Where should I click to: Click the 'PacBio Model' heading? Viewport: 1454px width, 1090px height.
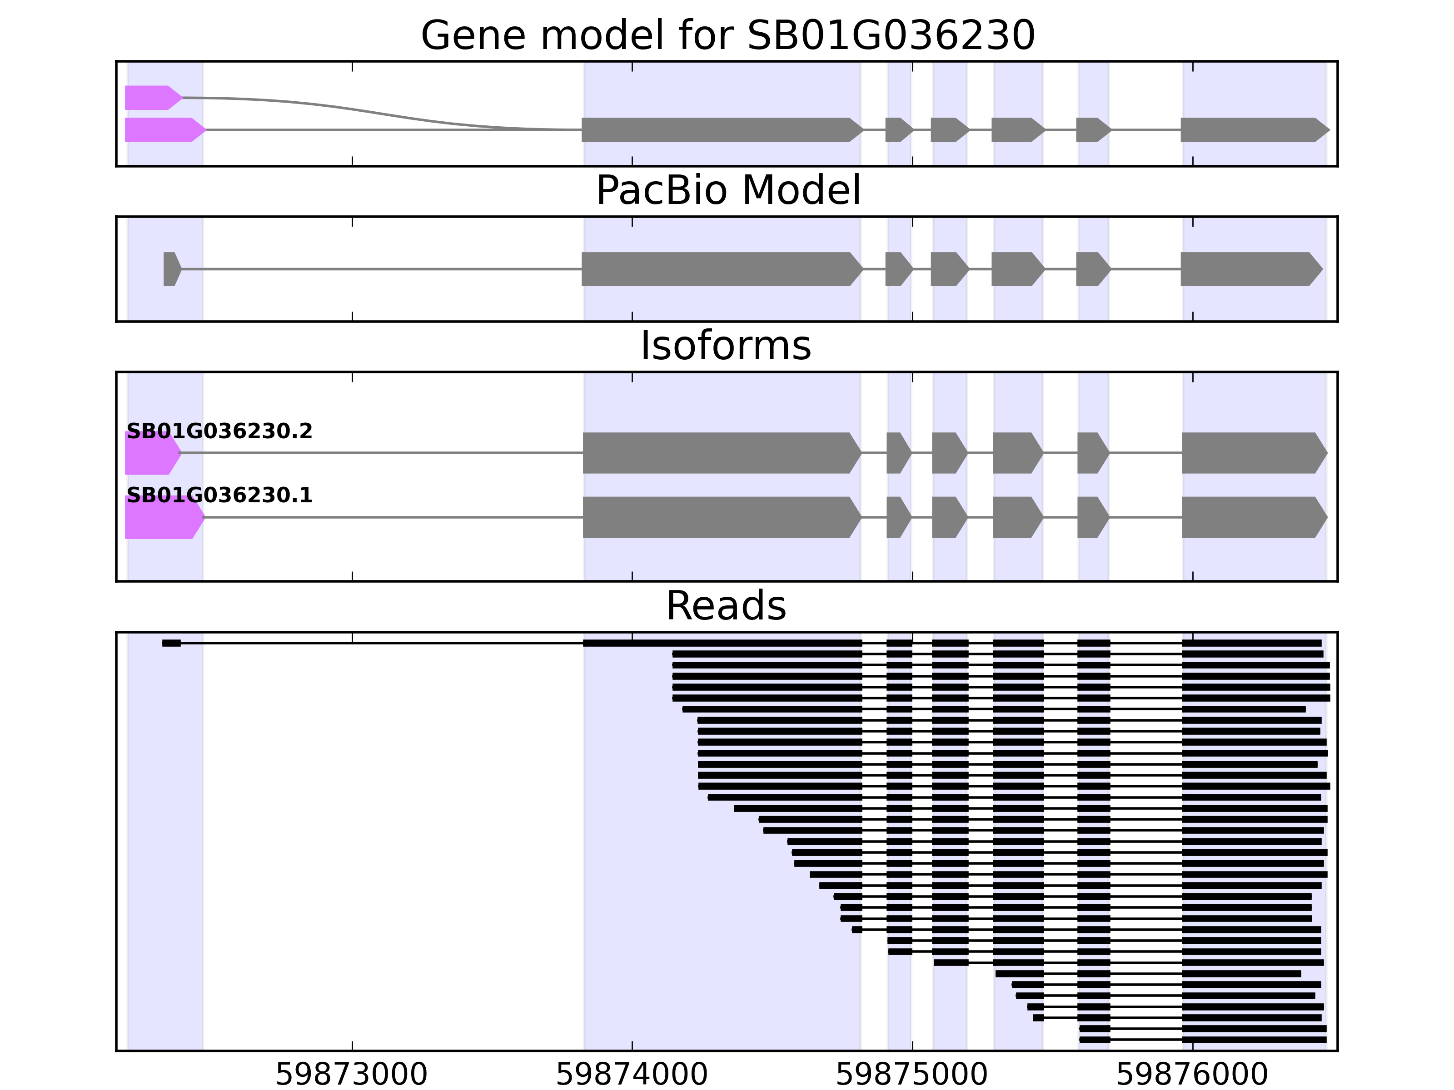(x=727, y=191)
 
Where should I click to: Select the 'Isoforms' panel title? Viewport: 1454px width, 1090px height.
(x=726, y=346)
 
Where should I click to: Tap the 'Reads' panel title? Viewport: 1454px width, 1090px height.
(x=726, y=606)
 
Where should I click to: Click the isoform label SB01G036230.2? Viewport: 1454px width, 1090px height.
(x=219, y=431)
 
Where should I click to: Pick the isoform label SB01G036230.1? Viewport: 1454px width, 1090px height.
(x=219, y=495)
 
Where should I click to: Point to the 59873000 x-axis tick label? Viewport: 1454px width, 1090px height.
(x=352, y=1075)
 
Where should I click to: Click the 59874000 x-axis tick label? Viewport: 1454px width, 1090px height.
(x=632, y=1075)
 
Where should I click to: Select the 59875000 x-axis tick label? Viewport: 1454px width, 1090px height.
(x=912, y=1075)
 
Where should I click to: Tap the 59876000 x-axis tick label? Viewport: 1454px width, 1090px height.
(x=1192, y=1075)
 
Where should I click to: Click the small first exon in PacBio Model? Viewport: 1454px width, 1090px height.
(x=170, y=269)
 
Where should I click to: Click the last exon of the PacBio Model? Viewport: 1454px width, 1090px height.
(x=1249, y=269)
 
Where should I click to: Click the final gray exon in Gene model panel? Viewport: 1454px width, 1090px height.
(x=1252, y=130)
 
